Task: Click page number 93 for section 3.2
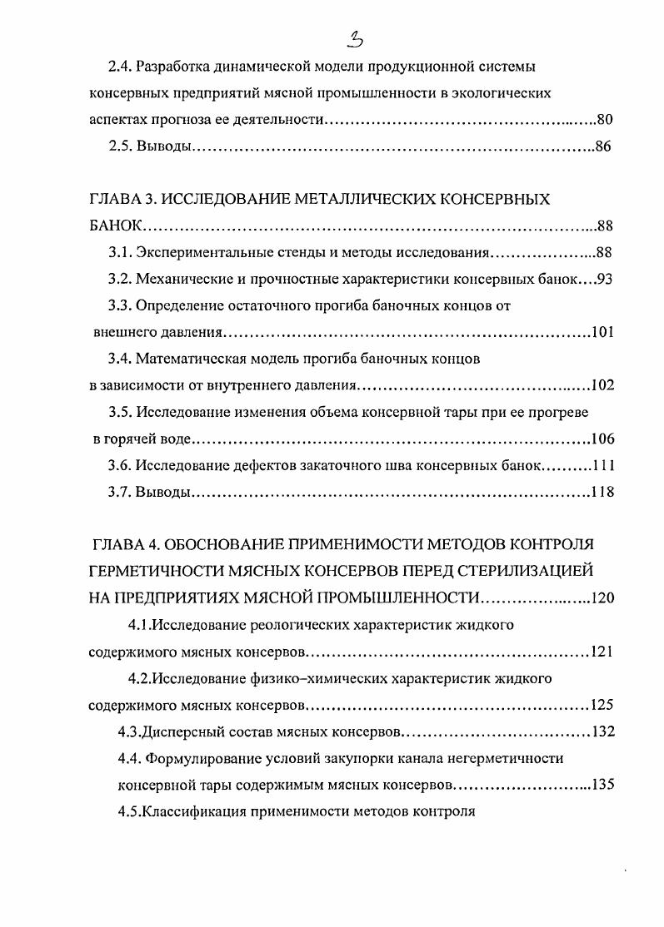coord(605,279)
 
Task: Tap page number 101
coord(602,333)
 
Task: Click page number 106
coord(602,439)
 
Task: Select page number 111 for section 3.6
coord(602,465)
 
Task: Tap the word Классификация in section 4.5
coord(189,811)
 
